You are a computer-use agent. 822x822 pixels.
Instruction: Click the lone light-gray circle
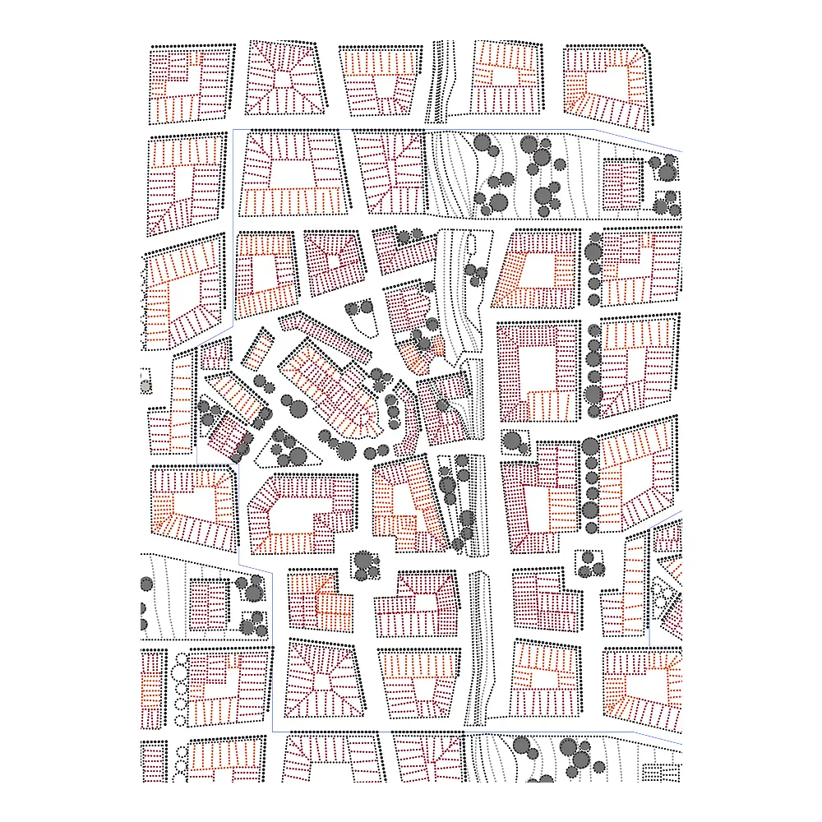[x=145, y=386]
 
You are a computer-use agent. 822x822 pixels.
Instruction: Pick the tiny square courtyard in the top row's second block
[x=284, y=79]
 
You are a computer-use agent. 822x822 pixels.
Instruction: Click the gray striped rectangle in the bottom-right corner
[x=661, y=774]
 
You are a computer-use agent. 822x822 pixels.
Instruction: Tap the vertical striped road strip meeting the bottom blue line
[x=478, y=649]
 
